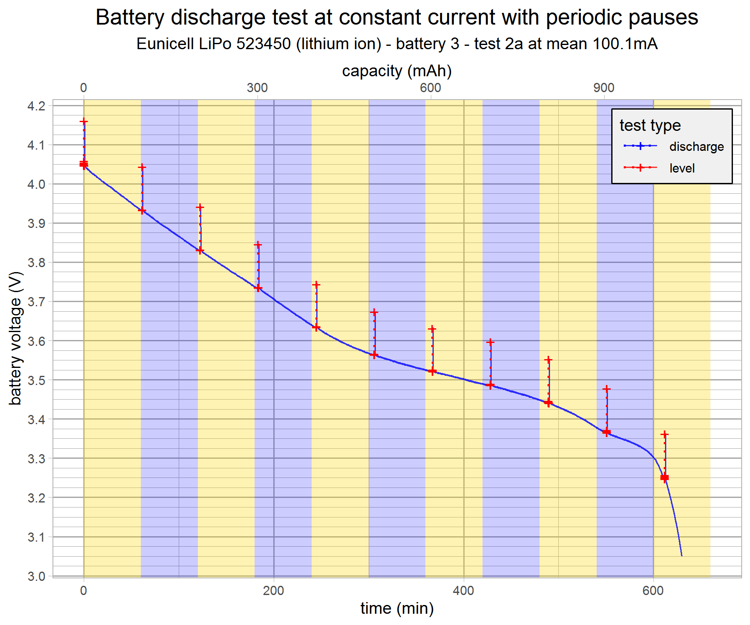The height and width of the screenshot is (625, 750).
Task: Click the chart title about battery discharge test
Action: click(x=397, y=17)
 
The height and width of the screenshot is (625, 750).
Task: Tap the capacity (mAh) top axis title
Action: click(x=397, y=71)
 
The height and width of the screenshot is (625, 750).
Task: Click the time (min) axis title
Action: click(x=397, y=608)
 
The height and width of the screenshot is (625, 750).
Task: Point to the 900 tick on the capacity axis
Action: click(x=604, y=87)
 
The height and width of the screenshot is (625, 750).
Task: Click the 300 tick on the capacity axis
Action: click(x=257, y=87)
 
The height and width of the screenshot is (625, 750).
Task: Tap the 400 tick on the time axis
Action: click(x=463, y=590)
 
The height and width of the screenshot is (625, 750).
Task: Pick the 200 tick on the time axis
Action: click(x=274, y=590)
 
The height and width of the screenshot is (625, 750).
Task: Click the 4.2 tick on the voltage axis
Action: click(x=36, y=106)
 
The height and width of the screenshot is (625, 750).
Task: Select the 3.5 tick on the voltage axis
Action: click(x=36, y=380)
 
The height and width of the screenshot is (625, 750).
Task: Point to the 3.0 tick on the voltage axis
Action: click(x=36, y=576)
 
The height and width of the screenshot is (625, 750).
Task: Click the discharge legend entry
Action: click(x=696, y=146)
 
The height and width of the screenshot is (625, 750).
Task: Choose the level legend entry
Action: click(x=682, y=168)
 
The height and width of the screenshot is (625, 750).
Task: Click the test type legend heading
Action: click(x=650, y=125)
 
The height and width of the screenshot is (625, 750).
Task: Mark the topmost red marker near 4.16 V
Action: click(x=84, y=121)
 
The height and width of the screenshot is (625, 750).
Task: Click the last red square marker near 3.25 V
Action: click(x=665, y=477)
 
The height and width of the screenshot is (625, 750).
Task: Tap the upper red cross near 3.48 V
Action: click(x=607, y=389)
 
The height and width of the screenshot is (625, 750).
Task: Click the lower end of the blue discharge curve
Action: click(x=682, y=555)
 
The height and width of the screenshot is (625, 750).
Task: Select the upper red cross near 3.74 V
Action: click(x=316, y=285)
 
